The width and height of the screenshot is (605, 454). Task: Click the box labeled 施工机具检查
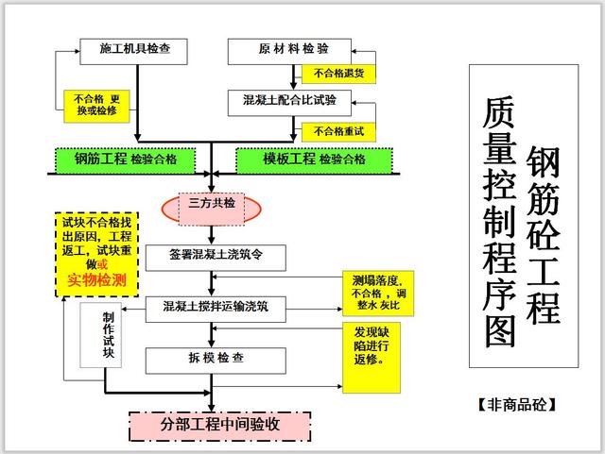pyautogui.click(x=137, y=47)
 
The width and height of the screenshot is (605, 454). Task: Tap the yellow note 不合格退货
pyautogui.click(x=338, y=74)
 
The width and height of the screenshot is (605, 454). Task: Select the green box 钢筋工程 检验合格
pyautogui.click(x=127, y=160)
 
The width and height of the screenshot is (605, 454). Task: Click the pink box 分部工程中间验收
pyautogui.click(x=219, y=425)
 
